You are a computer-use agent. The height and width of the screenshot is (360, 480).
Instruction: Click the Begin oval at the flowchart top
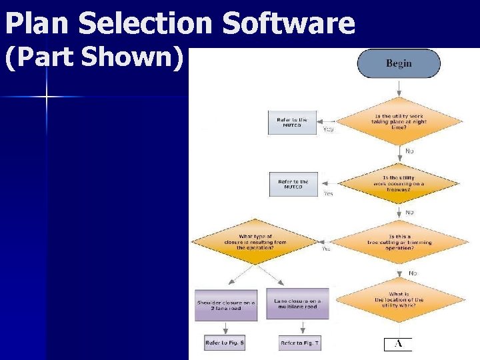pos(399,63)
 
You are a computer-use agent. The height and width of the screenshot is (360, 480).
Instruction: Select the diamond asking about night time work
pos(398,121)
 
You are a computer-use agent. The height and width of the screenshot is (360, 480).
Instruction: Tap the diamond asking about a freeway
pos(398,182)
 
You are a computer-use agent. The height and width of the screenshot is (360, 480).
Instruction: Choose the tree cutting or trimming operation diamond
pos(398,242)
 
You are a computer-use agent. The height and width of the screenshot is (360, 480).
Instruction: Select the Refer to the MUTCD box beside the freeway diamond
pos(293,184)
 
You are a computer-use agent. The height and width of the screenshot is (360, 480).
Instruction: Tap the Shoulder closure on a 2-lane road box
pos(226,304)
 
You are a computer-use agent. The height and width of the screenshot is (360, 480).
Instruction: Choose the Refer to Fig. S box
pos(225,343)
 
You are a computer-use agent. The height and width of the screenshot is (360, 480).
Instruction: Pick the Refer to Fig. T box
pos(299,343)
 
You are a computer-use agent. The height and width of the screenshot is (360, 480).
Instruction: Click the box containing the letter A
pos(398,344)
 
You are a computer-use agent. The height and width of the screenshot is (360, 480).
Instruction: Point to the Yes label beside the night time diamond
pos(328,129)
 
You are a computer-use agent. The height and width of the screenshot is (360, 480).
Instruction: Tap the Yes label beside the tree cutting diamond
pos(326,249)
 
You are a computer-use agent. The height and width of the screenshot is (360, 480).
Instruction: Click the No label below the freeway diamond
pos(409,212)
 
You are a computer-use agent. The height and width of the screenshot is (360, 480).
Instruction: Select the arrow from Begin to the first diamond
pos(399,87)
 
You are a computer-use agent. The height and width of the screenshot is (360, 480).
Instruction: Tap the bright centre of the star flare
pos(47,97)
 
